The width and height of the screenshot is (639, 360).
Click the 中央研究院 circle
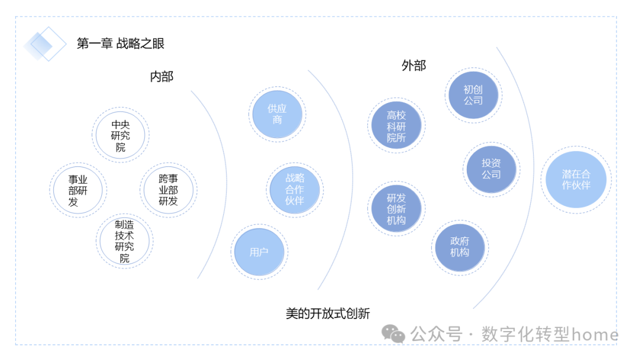point(121,136)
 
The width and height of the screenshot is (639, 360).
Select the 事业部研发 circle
point(78,190)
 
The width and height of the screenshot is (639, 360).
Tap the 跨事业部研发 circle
point(168,189)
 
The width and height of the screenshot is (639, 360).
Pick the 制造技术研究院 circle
point(124,242)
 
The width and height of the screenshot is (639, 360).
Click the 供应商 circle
point(277,114)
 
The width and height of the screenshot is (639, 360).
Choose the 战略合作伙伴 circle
point(295,189)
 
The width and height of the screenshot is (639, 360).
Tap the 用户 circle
point(259,252)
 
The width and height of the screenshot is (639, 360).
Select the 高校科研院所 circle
point(396,126)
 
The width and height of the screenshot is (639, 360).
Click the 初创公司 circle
point(473,95)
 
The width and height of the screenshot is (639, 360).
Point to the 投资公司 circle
point(491,169)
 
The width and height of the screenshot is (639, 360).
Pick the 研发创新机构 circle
point(396,209)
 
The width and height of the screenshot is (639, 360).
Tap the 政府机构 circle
point(460,247)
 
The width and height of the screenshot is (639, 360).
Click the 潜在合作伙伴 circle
point(576,179)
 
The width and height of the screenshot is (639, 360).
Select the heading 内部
point(162,76)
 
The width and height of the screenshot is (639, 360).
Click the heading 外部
point(414,65)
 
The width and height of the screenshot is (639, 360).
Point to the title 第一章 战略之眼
point(120,43)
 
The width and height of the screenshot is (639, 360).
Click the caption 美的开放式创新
point(328,313)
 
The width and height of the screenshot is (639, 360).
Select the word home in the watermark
point(595,335)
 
